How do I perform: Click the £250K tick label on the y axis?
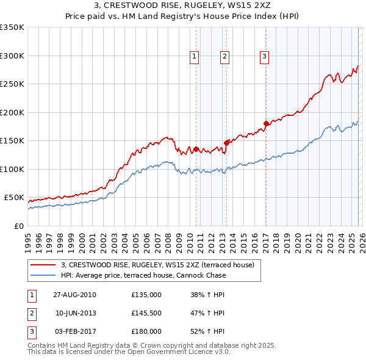click(x=12, y=84)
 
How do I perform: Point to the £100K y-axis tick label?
click(x=12, y=169)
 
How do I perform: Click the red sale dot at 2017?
click(x=266, y=124)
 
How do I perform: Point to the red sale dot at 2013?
click(x=226, y=143)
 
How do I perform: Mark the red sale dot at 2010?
click(x=196, y=149)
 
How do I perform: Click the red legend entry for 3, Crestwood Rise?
click(x=161, y=265)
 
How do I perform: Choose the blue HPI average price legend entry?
click(x=143, y=275)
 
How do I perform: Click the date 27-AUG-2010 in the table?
click(x=76, y=295)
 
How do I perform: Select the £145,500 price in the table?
click(x=146, y=313)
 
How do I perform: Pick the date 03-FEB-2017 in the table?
click(x=76, y=331)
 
